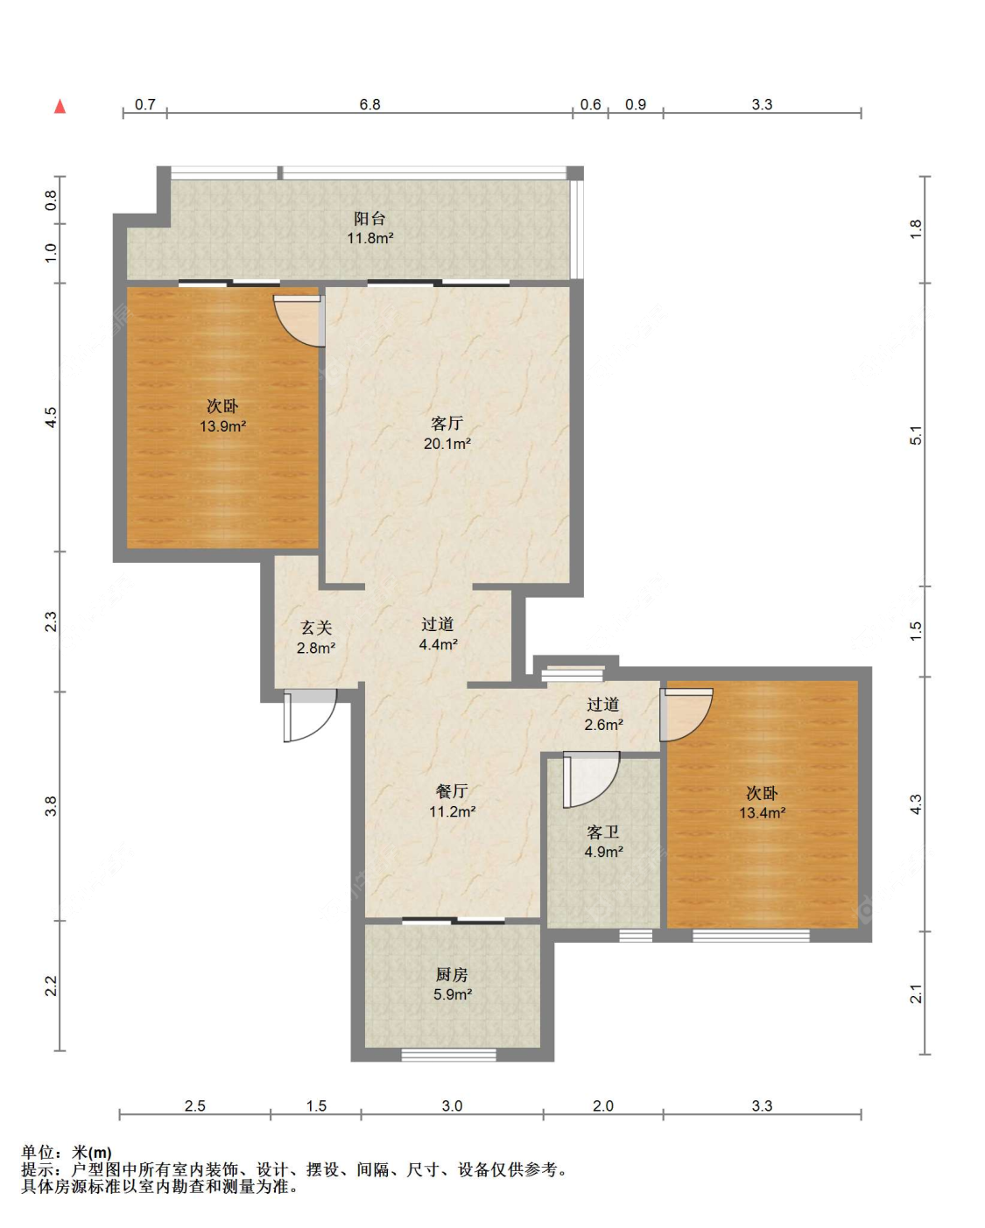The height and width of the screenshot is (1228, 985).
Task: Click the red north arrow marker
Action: click(x=60, y=106)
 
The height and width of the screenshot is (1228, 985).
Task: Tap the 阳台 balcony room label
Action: click(x=370, y=218)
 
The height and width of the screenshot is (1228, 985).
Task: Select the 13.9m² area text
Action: click(x=222, y=426)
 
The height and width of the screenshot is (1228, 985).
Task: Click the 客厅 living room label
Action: click(x=447, y=423)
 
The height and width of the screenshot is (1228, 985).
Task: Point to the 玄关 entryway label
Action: click(x=316, y=628)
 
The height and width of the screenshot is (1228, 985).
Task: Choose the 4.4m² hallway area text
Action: click(x=439, y=645)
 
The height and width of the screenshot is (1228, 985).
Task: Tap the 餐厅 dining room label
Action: click(x=452, y=791)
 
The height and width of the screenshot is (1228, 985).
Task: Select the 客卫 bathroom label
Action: click(x=603, y=832)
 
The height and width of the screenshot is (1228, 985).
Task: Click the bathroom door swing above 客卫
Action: click(x=591, y=780)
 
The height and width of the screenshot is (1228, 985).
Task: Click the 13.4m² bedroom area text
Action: click(x=763, y=812)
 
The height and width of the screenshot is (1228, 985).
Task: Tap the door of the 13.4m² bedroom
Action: click(x=686, y=715)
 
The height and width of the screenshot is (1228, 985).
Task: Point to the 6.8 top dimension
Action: click(x=370, y=104)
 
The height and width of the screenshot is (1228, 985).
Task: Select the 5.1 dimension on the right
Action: click(x=916, y=435)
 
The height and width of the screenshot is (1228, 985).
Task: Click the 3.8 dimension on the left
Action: click(x=52, y=806)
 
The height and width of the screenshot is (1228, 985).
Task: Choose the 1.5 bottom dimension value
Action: click(x=316, y=1105)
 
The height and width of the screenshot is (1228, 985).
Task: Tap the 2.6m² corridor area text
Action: click(x=603, y=725)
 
